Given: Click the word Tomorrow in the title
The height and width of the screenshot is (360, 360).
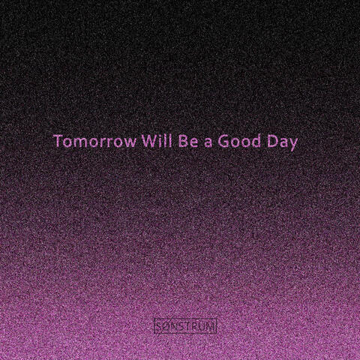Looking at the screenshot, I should tap(89, 141).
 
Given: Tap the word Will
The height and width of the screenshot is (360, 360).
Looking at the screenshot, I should tap(142, 141).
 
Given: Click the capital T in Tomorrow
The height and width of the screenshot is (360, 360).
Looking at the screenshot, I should tap(57, 141).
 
